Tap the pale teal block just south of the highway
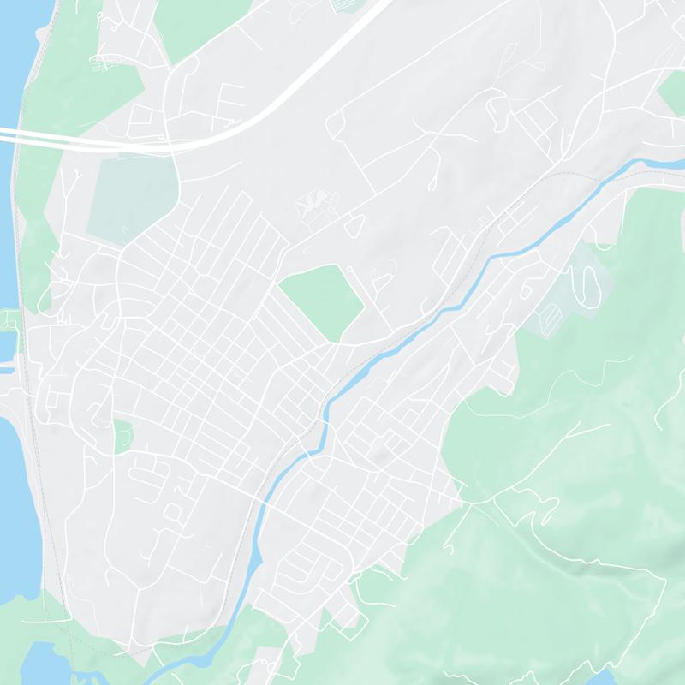128,197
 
